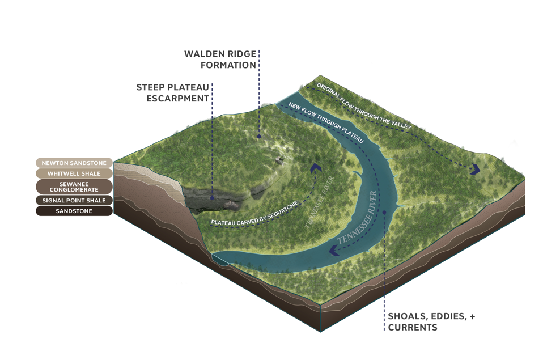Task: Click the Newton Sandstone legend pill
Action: [74, 163]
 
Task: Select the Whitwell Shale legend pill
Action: [74, 173]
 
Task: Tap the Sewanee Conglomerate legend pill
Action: [74, 187]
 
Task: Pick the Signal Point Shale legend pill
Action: [74, 200]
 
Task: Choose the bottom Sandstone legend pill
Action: [74, 211]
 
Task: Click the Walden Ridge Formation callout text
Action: [220, 60]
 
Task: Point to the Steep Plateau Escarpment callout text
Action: [173, 93]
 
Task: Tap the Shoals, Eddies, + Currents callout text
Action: [431, 321]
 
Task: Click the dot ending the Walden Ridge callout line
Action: [259, 136]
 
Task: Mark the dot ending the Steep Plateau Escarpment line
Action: [212, 198]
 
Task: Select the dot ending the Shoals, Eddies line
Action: [384, 213]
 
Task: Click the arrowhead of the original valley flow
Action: [476, 168]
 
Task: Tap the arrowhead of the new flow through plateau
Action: [334, 251]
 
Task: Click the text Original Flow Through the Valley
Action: [363, 107]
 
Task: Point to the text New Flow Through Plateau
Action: [325, 122]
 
